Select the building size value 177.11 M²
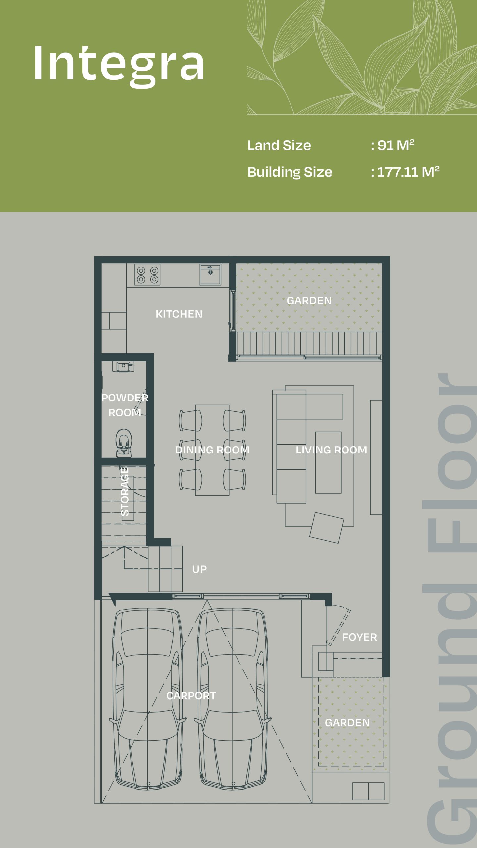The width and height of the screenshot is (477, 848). pos(408,172)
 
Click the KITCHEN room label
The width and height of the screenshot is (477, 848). pos(179,314)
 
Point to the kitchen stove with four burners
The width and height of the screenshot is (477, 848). pos(147,275)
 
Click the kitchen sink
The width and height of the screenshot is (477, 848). pos(210,274)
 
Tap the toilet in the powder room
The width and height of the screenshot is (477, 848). pos(123,443)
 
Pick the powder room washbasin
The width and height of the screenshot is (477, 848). pos(123,366)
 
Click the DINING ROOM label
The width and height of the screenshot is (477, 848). pos(212,450)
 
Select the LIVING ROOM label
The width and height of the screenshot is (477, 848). pos(331,450)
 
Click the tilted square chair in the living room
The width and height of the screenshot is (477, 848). pos(327,528)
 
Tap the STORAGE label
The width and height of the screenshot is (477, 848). pos(125,492)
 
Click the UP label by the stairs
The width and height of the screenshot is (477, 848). pos(199,569)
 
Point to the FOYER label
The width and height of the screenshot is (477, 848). pos(360,637)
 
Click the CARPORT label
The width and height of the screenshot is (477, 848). pos(191,696)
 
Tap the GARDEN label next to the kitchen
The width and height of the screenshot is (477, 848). pos(309,301)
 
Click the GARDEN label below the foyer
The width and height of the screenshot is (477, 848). pos(347,723)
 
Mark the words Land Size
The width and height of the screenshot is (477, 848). pos(279,145)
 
